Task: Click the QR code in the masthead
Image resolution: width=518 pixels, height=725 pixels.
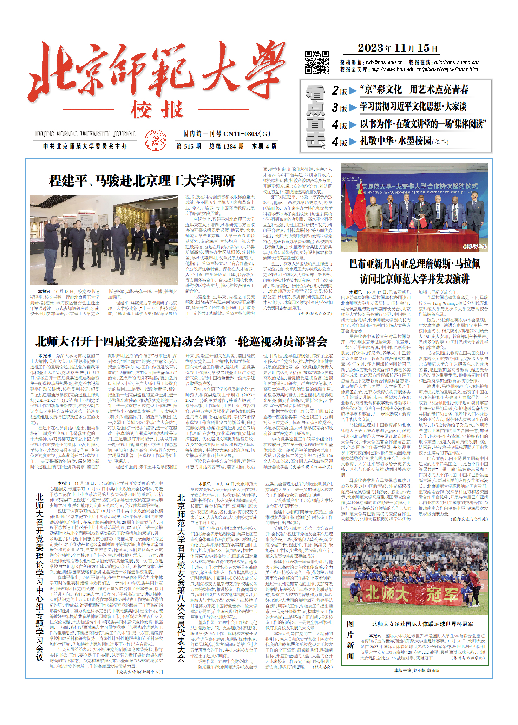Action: point(317,62)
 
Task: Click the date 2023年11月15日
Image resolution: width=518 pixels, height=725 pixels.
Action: point(398,48)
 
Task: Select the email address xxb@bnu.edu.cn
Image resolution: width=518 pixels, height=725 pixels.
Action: point(384,63)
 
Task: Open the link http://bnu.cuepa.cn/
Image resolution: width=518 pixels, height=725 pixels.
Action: point(456,63)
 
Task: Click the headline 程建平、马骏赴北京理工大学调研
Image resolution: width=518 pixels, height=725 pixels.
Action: point(142,181)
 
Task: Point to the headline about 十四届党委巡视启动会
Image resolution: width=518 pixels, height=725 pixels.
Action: point(181,341)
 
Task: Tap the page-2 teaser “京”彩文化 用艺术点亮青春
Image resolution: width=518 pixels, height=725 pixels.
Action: point(414,90)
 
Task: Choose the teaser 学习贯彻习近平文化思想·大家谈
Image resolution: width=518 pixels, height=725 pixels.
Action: point(413,107)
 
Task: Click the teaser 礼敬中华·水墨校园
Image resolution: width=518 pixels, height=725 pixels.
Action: point(404,141)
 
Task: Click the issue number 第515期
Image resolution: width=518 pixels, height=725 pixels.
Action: point(189,146)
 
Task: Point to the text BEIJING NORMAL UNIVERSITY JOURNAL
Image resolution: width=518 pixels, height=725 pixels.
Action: point(85,134)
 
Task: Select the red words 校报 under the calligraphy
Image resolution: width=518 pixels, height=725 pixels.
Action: point(156,110)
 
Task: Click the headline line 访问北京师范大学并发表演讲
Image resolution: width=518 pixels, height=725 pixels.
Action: point(414,279)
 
